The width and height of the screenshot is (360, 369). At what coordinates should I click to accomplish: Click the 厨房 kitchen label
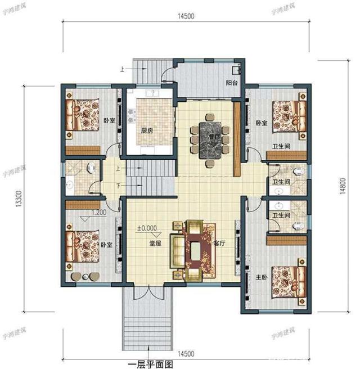click(x=147, y=130)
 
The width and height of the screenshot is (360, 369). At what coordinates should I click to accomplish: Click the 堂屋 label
click(x=156, y=244)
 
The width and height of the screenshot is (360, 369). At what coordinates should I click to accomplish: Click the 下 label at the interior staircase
click(x=118, y=185)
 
